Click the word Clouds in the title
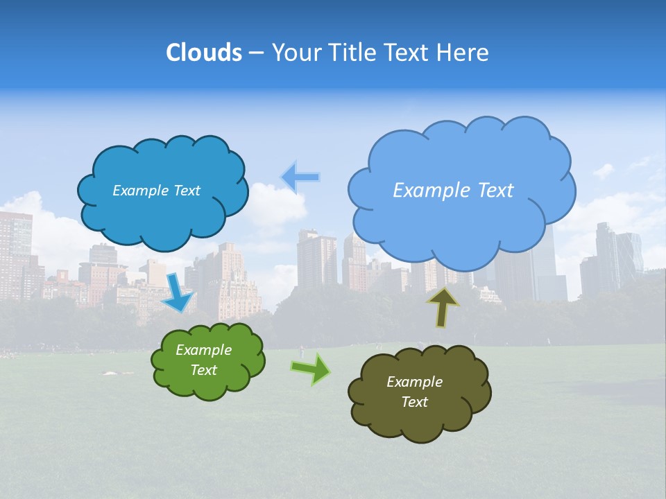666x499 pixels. (x=204, y=52)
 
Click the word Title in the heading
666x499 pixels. (x=352, y=52)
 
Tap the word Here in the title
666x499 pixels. (x=463, y=52)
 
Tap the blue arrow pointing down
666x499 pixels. (x=179, y=292)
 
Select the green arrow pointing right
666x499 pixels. (x=311, y=369)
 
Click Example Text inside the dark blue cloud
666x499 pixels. (x=156, y=190)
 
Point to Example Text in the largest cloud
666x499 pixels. (x=453, y=190)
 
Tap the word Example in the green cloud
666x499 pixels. (x=203, y=350)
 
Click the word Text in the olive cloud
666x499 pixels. (x=414, y=402)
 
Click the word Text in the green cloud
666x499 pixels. (x=203, y=370)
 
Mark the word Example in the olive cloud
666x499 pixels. (x=414, y=382)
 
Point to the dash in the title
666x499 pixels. (x=256, y=53)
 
